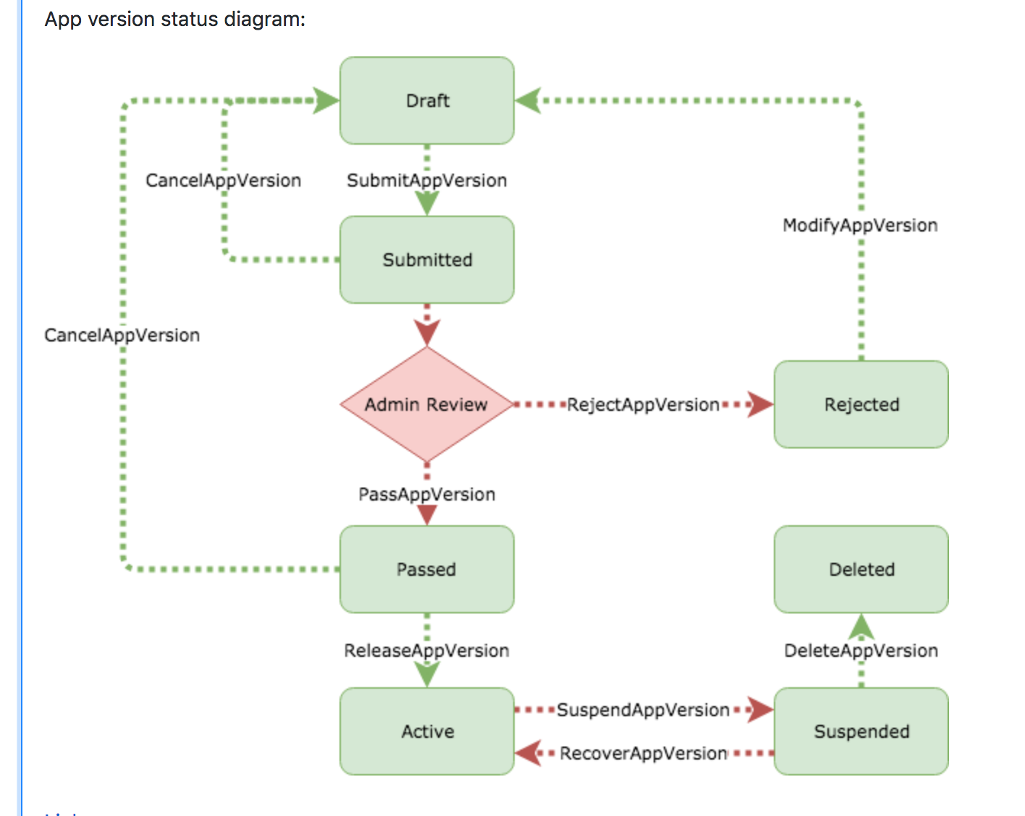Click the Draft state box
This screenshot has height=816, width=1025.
point(427,101)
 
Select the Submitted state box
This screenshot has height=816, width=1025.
point(427,260)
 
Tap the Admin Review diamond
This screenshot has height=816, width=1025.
point(426,404)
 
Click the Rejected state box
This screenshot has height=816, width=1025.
point(861,404)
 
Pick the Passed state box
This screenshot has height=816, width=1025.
point(427,569)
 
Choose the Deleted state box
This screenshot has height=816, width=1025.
point(861,569)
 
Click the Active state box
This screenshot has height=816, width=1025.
point(427,731)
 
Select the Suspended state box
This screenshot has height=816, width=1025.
point(861,731)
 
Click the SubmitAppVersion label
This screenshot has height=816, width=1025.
point(427,180)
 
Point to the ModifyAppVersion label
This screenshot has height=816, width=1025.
point(860,225)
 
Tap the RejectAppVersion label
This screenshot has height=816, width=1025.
point(643,404)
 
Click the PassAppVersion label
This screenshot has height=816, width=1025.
point(427,494)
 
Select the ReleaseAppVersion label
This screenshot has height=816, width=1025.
point(427,650)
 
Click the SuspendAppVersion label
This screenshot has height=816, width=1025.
point(643,710)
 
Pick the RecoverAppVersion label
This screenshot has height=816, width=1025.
point(643,753)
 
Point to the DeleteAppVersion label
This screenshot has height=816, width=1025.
point(861,650)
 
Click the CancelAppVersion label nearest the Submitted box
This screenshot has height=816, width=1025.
point(223,180)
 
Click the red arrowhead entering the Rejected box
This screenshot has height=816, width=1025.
point(761,404)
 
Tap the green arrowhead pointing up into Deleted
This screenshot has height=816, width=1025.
point(861,626)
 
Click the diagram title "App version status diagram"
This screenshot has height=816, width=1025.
point(174,19)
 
